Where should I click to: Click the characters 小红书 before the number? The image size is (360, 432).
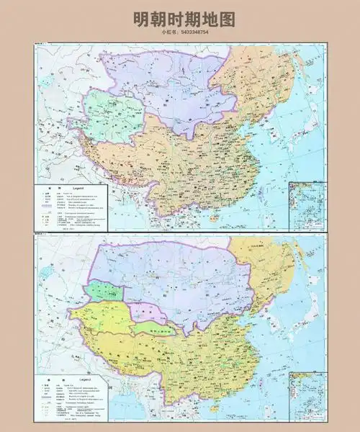tap(168, 32)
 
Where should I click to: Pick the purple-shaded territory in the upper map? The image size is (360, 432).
tap(166, 79)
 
